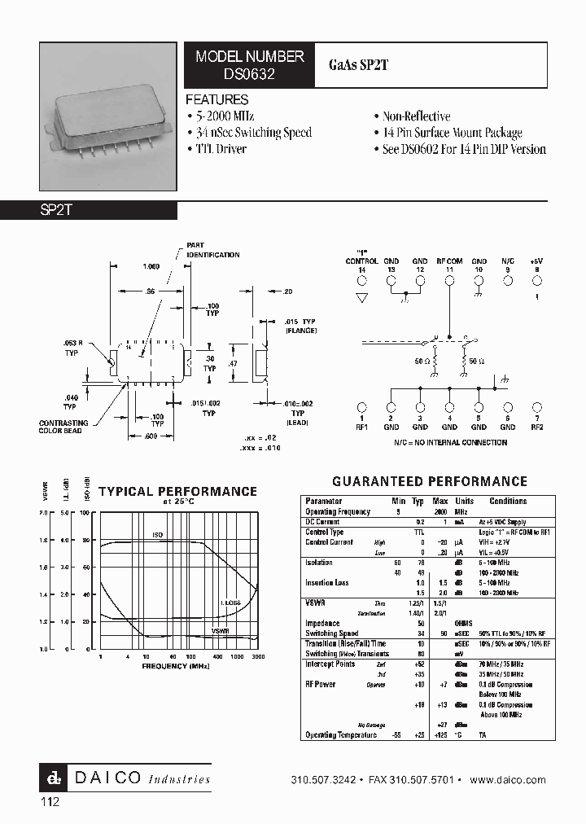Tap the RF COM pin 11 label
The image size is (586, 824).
[x=449, y=265]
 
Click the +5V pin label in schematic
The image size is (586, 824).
[x=536, y=265]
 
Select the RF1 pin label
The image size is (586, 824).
[x=362, y=426]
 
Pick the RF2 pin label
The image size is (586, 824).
[x=536, y=426]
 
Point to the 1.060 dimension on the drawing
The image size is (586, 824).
[x=151, y=265]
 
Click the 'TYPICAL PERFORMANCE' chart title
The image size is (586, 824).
[x=177, y=492]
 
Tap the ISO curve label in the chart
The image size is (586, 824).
[x=158, y=534]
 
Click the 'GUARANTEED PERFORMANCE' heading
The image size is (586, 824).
[x=430, y=481]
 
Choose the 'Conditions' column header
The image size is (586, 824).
[x=508, y=502]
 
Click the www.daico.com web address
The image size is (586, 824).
[x=508, y=780]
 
